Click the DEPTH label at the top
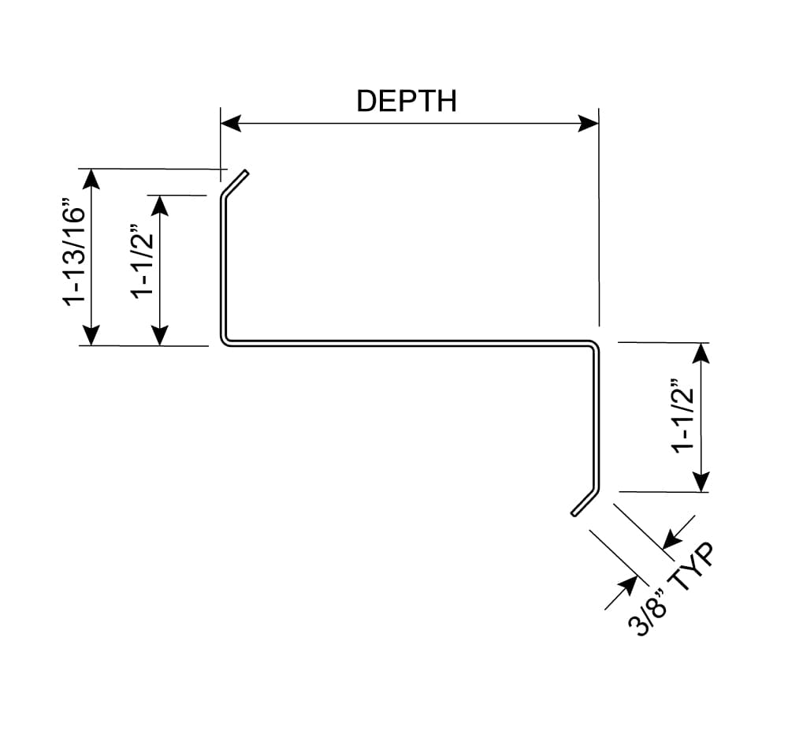407,101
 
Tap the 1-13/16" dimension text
74,252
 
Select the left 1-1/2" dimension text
143,262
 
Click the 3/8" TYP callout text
671,589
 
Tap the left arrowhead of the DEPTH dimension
231,123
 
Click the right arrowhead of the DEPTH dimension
588,123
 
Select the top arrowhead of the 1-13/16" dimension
91,180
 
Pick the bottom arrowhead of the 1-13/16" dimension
91,335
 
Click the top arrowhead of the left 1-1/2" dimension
160,206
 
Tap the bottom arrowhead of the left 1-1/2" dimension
160,335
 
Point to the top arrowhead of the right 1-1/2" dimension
701,353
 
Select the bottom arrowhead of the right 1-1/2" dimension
701,482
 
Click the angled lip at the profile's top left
235,184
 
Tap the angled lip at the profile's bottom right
585,502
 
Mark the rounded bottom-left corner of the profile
223,342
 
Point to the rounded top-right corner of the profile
596,345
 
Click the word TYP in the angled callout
693,565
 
